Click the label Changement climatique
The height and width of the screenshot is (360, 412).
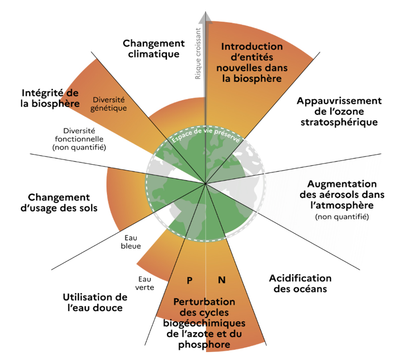pyautogui.click(x=154, y=49)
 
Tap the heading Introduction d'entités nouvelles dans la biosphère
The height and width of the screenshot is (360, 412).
pyautogui.click(x=252, y=62)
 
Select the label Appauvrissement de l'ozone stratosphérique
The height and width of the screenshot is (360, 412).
pyautogui.click(x=339, y=111)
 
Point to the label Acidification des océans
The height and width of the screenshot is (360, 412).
pyautogui.click(x=300, y=284)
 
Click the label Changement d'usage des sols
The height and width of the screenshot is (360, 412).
pyautogui.click(x=59, y=203)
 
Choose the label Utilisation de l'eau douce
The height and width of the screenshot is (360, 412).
pyautogui.click(x=95, y=303)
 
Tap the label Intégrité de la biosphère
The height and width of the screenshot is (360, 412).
pyautogui.click(x=50, y=98)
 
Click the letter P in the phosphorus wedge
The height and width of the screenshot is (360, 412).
pyautogui.click(x=190, y=280)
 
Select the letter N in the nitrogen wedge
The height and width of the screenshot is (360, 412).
pyautogui.click(x=222, y=280)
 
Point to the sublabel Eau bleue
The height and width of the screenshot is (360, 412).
pyautogui.click(x=131, y=242)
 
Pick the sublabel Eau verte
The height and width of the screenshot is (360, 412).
pyautogui.click(x=145, y=283)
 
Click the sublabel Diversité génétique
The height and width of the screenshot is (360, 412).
pyautogui.click(x=109, y=104)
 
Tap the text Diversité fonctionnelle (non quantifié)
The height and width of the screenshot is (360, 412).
pyautogui.click(x=79, y=139)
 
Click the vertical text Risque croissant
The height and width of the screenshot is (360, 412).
pyautogui.click(x=198, y=53)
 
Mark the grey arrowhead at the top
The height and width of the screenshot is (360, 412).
pyautogui.click(x=206, y=17)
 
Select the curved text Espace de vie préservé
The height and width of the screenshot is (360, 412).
pyautogui.click(x=206, y=135)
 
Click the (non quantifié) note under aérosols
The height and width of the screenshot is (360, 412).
pyautogui.click(x=342, y=217)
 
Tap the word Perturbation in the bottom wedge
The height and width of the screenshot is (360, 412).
pyautogui.click(x=204, y=302)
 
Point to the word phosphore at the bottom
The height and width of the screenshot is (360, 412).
pyautogui.click(x=204, y=345)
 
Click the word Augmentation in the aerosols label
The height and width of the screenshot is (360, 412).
pyautogui.click(x=342, y=184)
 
